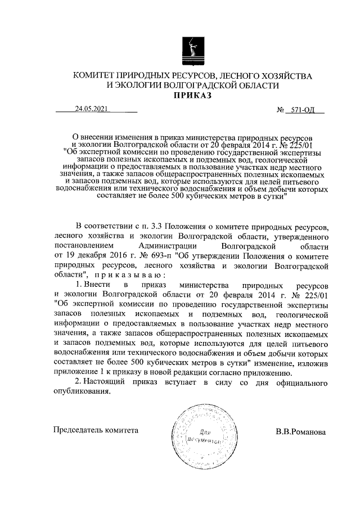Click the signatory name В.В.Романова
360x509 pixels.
pos(301,433)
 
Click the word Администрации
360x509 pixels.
pos(167,246)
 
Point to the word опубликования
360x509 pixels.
pos(83,393)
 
